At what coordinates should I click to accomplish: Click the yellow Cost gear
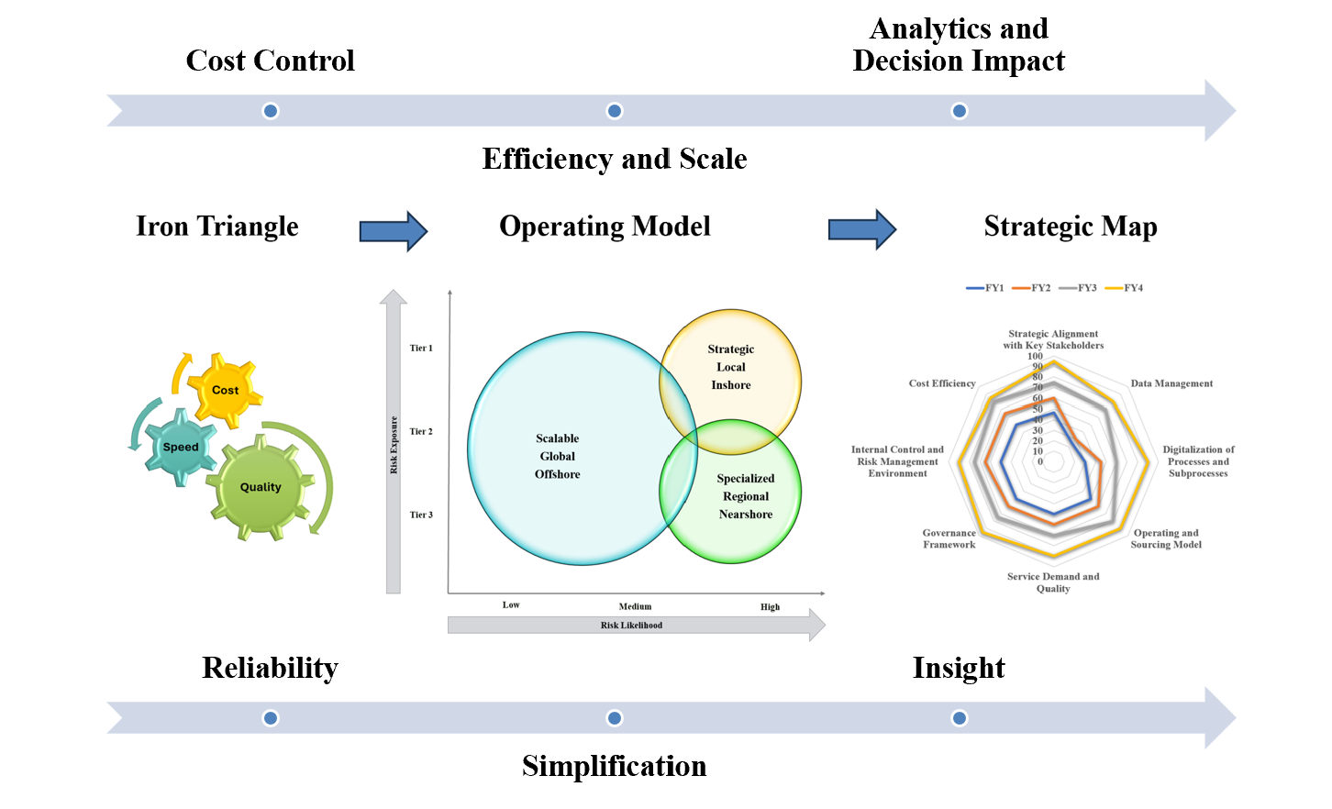pos(226,391)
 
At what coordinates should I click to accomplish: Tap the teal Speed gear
pos(181,447)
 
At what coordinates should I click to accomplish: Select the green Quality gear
pos(261,487)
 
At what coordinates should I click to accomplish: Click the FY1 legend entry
pos(984,288)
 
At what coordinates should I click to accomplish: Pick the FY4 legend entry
pos(1124,288)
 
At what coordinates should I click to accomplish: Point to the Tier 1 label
pos(421,349)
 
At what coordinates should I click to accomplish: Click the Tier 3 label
pos(421,515)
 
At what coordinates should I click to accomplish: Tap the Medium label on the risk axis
pos(635,607)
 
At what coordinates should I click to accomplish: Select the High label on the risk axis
pos(770,607)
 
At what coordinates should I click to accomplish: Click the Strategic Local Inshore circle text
pos(731,367)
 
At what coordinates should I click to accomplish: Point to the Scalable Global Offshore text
pos(557,457)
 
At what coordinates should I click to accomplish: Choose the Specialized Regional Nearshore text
pos(746,496)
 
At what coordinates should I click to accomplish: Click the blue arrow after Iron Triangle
pos(393,230)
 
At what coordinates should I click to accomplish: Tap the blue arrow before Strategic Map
pos(862,229)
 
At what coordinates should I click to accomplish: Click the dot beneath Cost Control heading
pos(271,111)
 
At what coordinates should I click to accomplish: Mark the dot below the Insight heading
pos(960,718)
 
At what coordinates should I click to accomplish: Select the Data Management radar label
pos(1171,384)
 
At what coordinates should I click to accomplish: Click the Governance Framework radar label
pos(949,539)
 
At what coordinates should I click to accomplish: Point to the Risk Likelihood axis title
pos(631,626)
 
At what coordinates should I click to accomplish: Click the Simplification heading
pos(615,766)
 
